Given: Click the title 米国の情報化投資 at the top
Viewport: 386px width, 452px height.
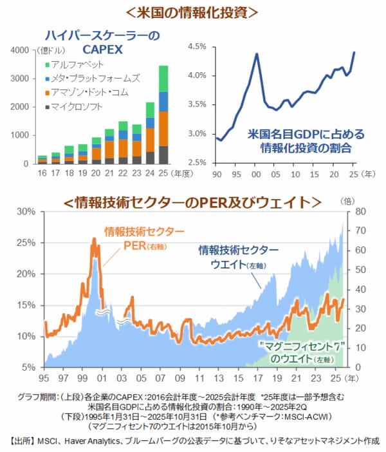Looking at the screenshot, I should point(194,12).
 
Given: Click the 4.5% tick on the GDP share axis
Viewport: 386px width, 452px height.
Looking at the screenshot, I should point(197,46).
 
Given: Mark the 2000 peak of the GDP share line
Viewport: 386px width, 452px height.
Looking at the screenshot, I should point(257,53).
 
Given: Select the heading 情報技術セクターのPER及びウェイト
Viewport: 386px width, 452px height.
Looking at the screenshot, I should point(192,202).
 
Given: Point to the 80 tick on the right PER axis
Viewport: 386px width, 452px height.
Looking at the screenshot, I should point(360,211).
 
